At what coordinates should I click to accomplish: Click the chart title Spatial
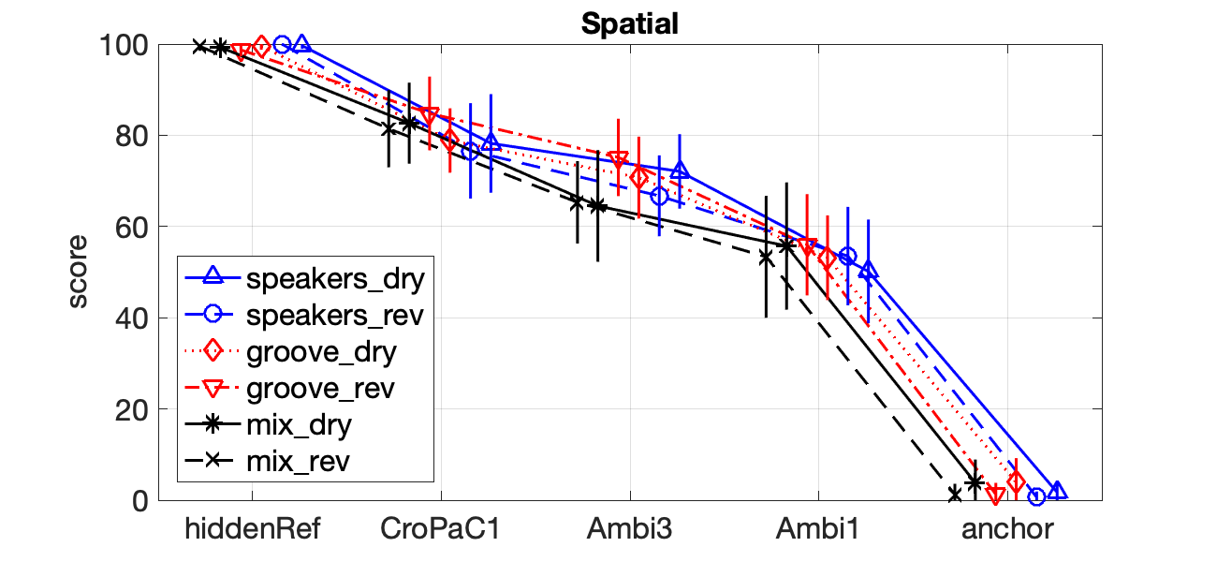(x=629, y=24)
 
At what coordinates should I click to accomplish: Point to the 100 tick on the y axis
(x=130, y=45)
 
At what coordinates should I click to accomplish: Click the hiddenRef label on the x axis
(x=253, y=529)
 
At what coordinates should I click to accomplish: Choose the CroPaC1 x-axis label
(x=440, y=529)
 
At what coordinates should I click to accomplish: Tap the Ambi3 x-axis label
(x=629, y=529)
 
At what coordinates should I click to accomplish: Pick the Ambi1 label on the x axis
(x=817, y=529)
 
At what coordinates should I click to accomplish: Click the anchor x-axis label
(x=1007, y=529)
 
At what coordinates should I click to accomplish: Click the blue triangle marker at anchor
(x=1057, y=491)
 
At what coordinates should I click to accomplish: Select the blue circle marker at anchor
(x=1036, y=496)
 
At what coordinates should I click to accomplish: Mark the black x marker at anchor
(x=954, y=494)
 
